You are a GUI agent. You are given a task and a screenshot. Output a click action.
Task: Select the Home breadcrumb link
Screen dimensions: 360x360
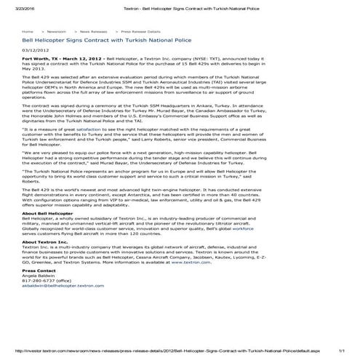(x=28, y=33)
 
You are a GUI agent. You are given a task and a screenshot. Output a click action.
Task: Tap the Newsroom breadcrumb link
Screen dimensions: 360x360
(x=56, y=33)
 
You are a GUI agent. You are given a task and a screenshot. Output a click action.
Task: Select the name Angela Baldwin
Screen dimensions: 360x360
(x=39, y=294)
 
